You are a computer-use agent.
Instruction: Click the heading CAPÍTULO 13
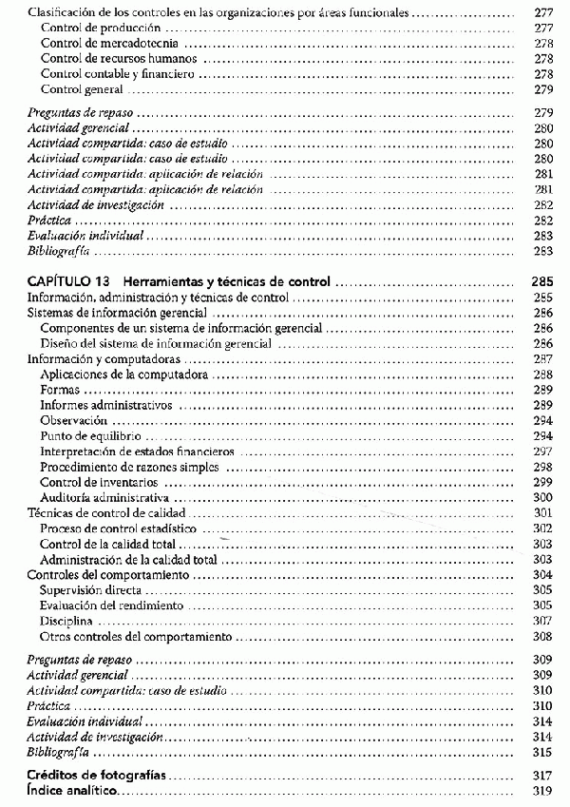pos(70,281)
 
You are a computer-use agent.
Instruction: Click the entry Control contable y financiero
pos(104,74)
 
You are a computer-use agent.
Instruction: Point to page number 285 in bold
pos(542,281)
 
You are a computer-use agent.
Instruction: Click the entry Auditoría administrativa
pos(104,497)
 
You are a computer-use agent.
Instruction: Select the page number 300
pos(543,497)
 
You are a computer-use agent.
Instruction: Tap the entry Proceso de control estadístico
pos(118,528)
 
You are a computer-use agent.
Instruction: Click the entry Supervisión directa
pos(91,589)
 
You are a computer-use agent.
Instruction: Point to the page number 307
pos(543,620)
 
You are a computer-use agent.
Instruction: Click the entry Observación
pos(75,420)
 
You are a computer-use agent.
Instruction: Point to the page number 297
pos(543,452)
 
